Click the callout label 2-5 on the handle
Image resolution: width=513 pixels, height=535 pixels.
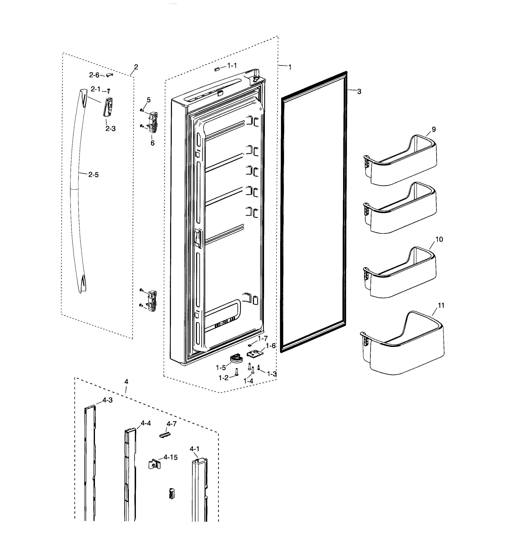[x=93, y=175]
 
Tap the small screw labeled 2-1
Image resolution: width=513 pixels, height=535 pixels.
[x=109, y=90]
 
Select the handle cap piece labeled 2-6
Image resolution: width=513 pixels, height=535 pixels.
[x=109, y=75]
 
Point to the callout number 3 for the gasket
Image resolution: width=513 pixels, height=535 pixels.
[x=359, y=92]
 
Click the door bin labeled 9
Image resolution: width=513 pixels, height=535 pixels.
[x=401, y=161]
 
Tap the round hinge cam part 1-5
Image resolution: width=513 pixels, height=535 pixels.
[x=236, y=358]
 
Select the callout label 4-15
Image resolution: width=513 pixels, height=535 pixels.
[x=170, y=457]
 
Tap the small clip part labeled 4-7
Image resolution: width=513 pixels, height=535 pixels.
[x=165, y=435]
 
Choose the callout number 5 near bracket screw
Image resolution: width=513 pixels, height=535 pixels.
[x=149, y=100]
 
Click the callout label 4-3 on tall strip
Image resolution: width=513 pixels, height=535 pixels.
[x=107, y=400]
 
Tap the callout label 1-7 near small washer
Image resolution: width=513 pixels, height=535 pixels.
[x=263, y=338]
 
